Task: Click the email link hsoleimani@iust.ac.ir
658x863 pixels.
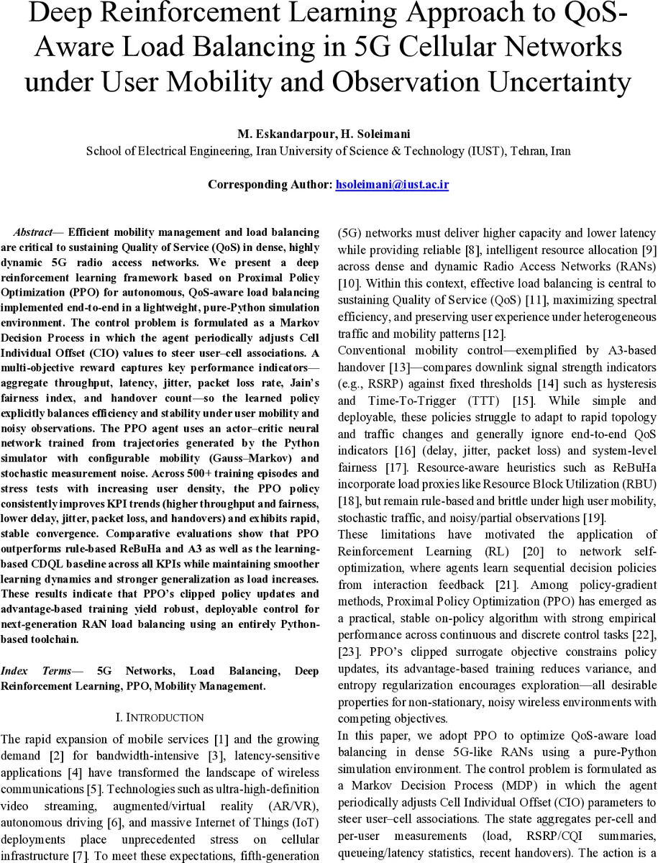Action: coord(392,185)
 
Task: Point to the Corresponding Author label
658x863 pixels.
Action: coord(270,185)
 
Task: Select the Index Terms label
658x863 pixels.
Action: coord(36,671)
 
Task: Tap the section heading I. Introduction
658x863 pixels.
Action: coord(160,718)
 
